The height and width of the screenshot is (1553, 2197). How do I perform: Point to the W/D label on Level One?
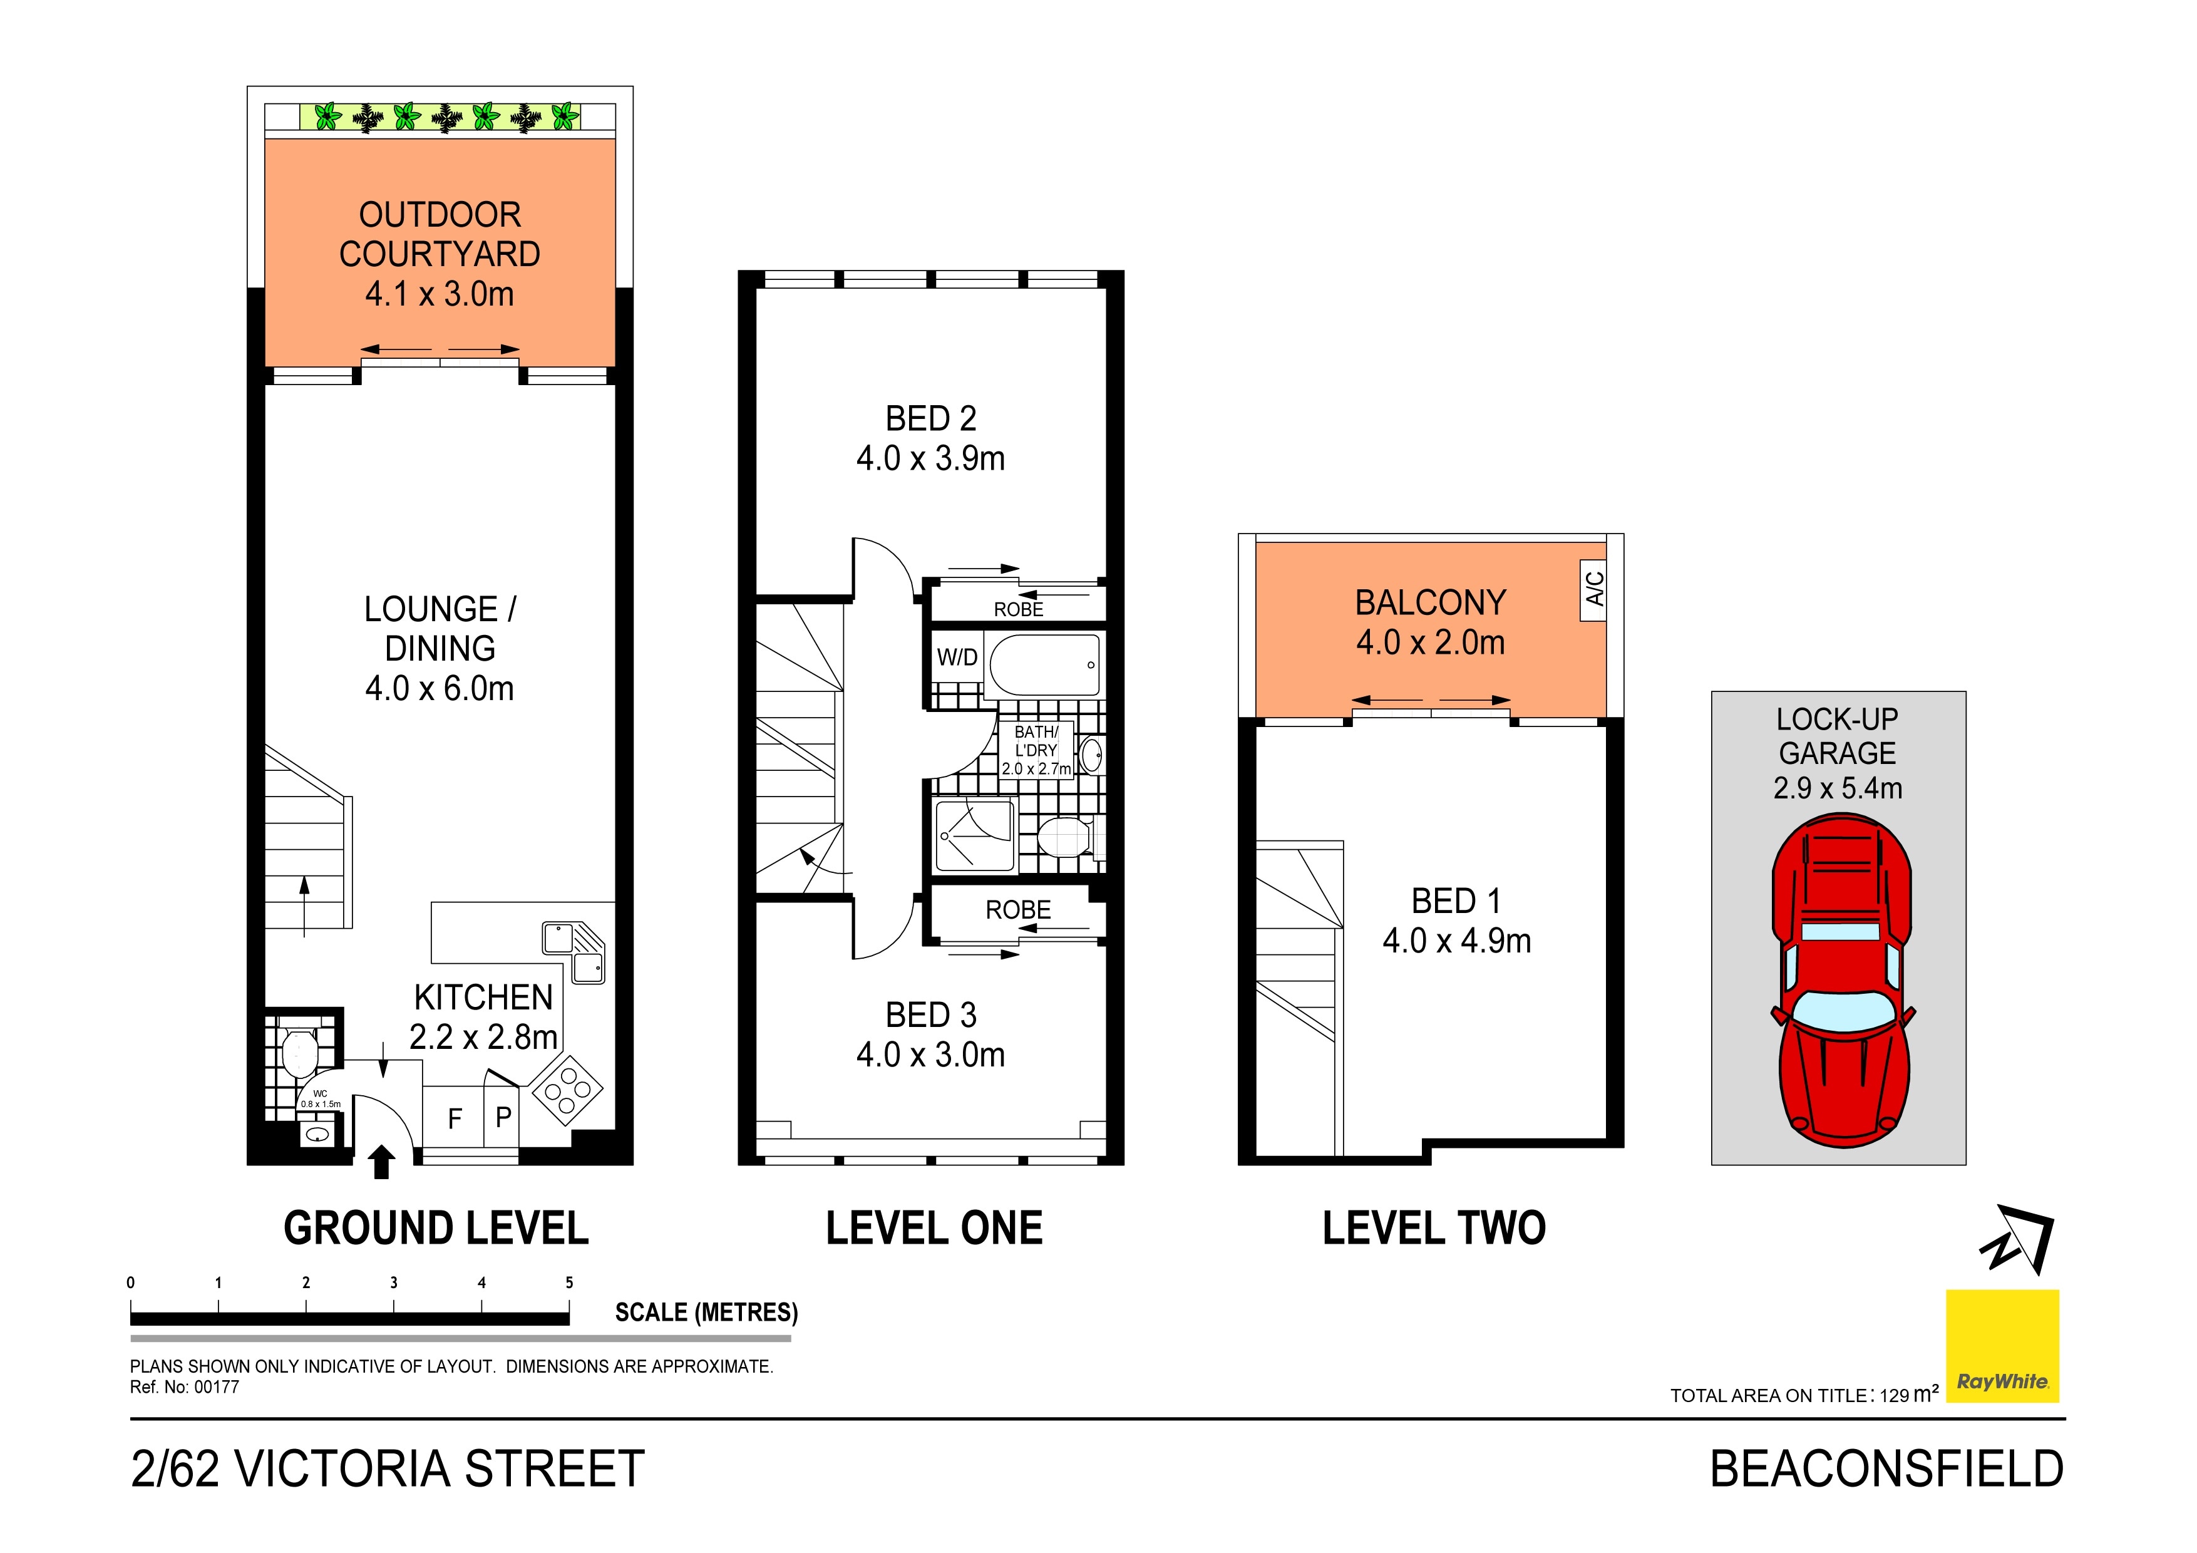point(957,658)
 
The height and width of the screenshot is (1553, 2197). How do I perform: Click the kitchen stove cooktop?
point(567,1089)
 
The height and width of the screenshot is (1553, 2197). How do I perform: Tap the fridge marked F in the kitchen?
point(455,1117)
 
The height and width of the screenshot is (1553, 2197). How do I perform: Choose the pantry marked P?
point(502,1115)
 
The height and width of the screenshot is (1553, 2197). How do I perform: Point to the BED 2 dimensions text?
point(931,458)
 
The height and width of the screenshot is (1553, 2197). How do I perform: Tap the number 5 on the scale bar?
point(569,1283)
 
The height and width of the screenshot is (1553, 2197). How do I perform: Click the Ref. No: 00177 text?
point(185,1388)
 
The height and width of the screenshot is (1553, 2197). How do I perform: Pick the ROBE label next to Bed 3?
point(1018,910)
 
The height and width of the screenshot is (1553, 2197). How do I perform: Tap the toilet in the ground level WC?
point(299,1053)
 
